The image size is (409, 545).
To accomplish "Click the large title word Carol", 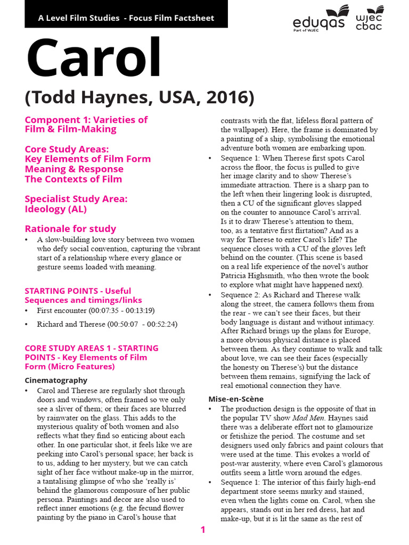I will point(94,57).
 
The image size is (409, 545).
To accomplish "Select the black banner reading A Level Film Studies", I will point(126,18).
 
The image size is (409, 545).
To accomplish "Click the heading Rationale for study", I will point(70,229).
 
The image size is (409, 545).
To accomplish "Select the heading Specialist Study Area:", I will point(76,199).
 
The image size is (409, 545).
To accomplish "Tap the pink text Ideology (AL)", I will point(56,209).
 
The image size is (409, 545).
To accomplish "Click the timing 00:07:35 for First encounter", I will point(102,310).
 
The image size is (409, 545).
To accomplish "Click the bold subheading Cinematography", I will point(56,381).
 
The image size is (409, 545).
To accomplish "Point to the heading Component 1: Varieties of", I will point(86,120).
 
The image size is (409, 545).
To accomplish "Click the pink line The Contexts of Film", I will point(73,179).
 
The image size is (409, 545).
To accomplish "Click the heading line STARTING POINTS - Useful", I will point(78,291).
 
